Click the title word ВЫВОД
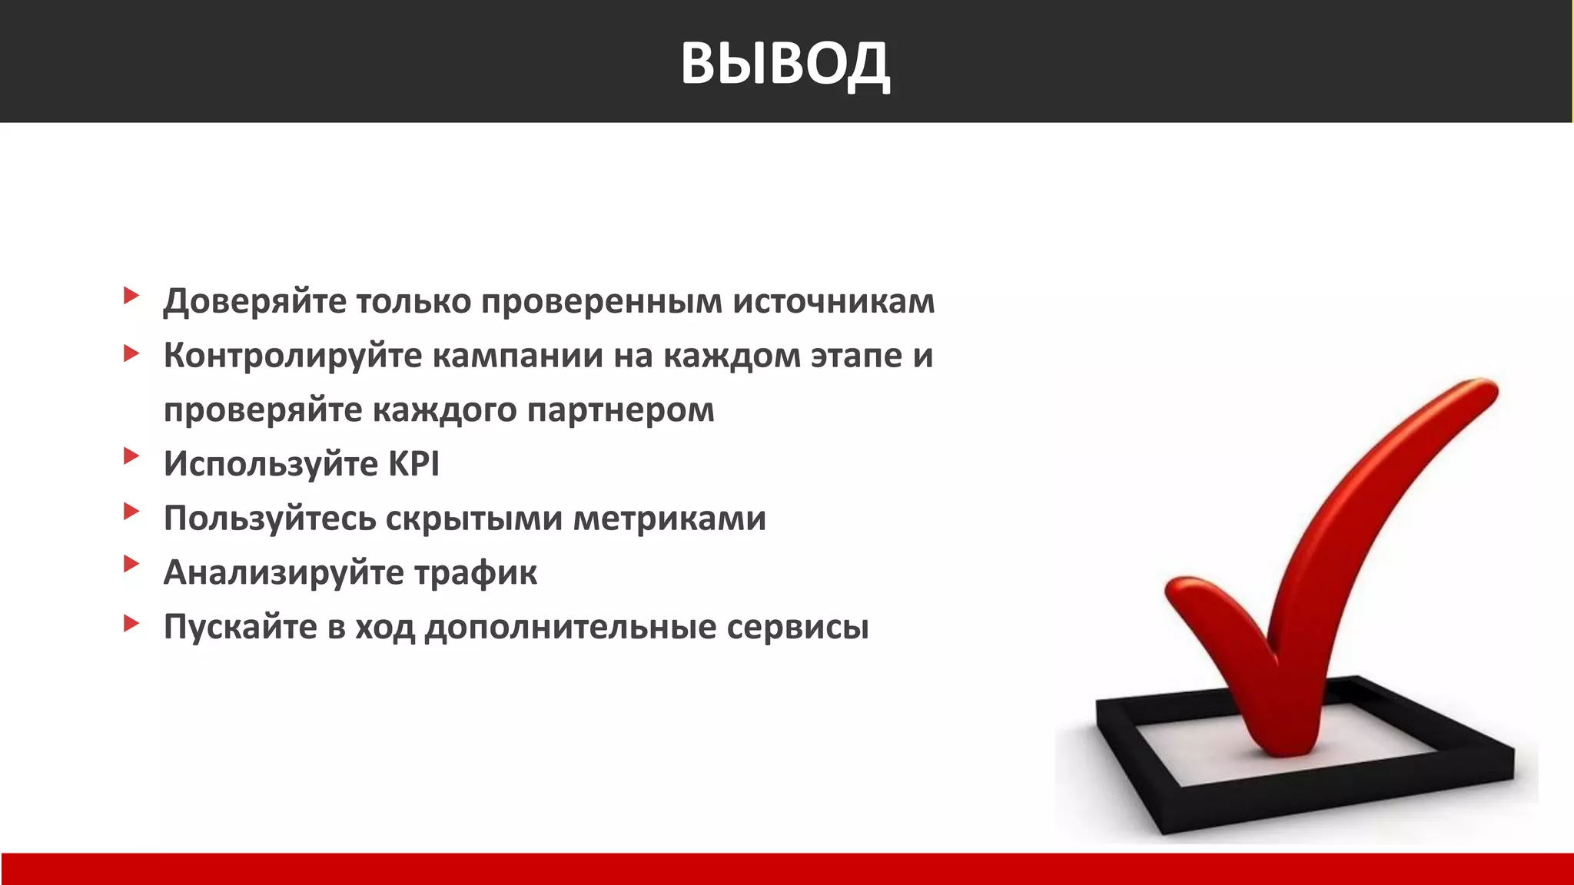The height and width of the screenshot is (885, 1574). click(x=785, y=63)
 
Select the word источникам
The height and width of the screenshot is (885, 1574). click(x=833, y=301)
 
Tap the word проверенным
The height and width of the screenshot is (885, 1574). click(x=601, y=301)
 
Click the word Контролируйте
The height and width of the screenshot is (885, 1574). click(x=293, y=356)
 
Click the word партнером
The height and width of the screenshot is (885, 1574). click(x=620, y=410)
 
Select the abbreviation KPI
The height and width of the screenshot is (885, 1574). click(x=413, y=464)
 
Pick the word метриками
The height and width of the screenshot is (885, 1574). click(x=669, y=519)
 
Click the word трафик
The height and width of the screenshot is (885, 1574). click(x=476, y=573)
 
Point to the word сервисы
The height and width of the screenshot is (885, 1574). click(x=797, y=627)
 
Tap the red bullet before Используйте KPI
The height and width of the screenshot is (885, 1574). click(x=131, y=456)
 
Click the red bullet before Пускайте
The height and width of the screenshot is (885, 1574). click(x=131, y=623)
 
